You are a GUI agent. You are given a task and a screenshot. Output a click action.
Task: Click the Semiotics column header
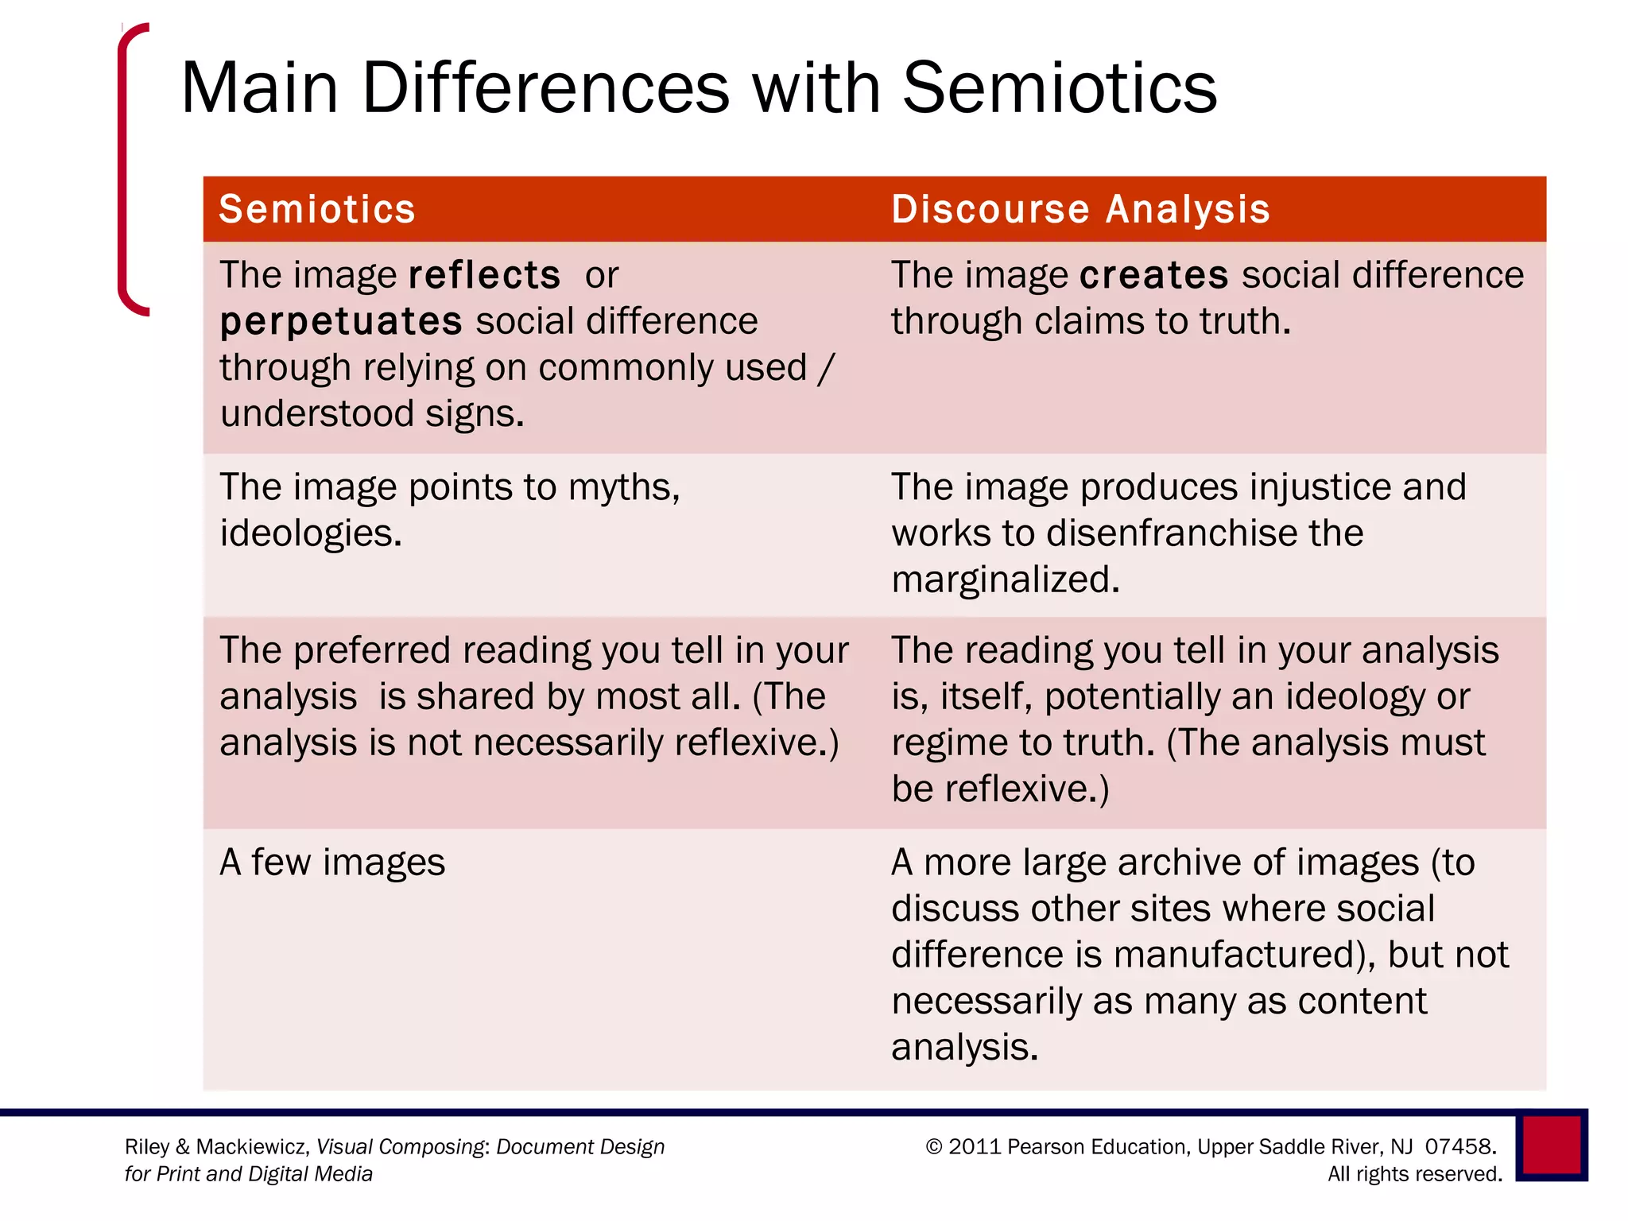(x=316, y=209)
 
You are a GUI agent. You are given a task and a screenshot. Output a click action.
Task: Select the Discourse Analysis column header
(x=1080, y=209)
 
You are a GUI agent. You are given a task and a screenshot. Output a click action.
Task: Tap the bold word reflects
(x=484, y=275)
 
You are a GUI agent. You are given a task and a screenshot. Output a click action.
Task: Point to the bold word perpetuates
(x=341, y=322)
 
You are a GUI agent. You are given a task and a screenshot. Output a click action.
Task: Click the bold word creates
(x=1154, y=275)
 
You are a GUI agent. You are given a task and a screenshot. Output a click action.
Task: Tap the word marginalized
(x=1005, y=579)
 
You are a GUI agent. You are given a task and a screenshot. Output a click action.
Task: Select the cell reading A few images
(x=332, y=862)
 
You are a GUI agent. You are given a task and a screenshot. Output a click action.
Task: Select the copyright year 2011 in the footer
(x=973, y=1146)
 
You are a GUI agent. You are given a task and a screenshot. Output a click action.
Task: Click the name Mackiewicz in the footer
(x=251, y=1147)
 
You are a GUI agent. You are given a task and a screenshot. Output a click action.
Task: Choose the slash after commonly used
(x=826, y=368)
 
